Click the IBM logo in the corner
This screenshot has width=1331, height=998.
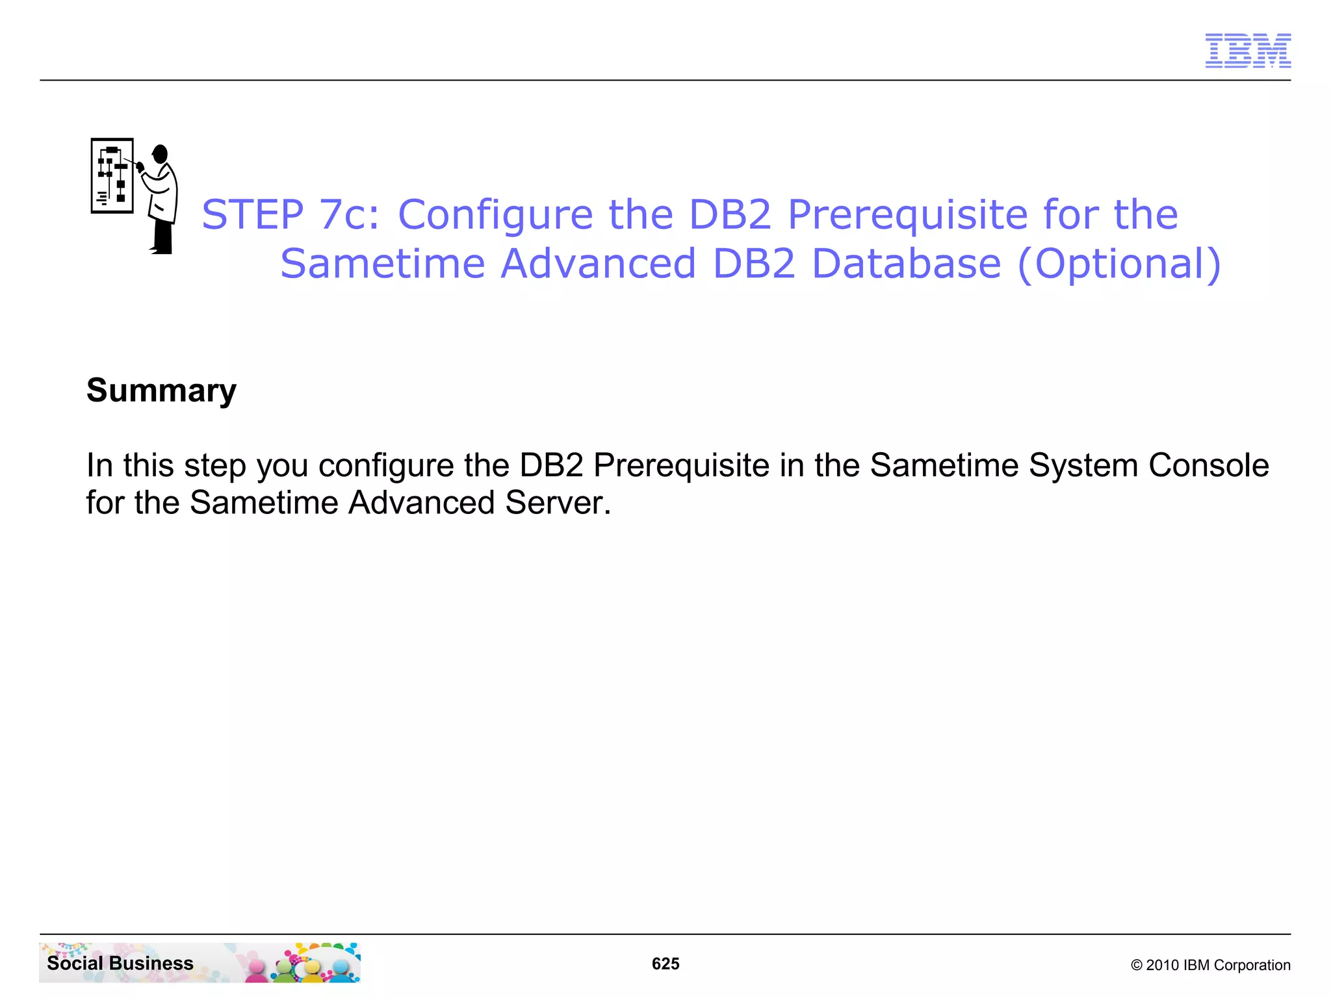click(x=1248, y=51)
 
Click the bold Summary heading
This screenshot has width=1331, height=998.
click(x=161, y=391)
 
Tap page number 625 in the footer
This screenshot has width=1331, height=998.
click(x=665, y=964)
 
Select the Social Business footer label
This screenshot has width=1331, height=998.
click(x=120, y=963)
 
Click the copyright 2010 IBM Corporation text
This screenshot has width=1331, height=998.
click(x=1210, y=965)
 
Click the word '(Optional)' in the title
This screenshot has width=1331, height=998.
click(x=1119, y=264)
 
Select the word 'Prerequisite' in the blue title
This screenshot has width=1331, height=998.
click(x=908, y=214)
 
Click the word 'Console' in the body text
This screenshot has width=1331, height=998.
click(x=1208, y=465)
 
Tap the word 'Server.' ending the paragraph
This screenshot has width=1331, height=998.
click(x=558, y=503)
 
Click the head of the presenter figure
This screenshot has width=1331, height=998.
click(x=160, y=155)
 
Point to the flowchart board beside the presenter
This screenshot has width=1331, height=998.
click(x=112, y=175)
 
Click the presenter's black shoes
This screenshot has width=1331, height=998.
click(x=162, y=249)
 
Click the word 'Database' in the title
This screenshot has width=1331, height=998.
click(x=906, y=264)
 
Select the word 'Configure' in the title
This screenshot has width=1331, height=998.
click(x=495, y=214)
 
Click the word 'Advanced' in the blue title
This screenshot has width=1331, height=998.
click(x=599, y=264)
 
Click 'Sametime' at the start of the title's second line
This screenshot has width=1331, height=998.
click(x=383, y=264)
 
